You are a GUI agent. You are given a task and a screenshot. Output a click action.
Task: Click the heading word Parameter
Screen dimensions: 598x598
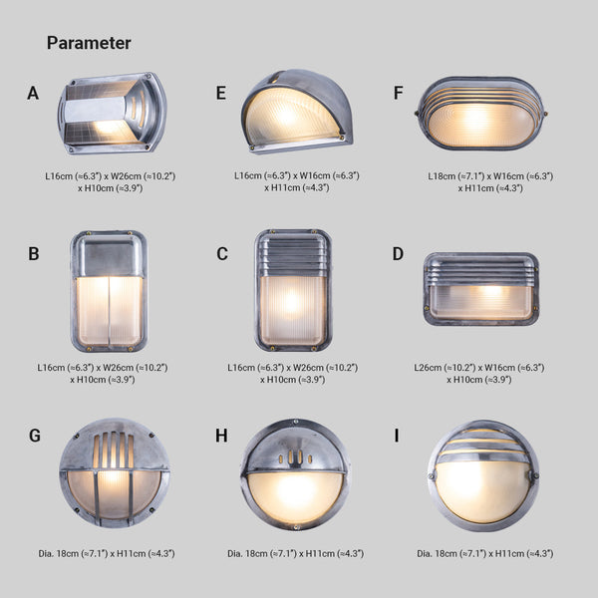click(x=89, y=43)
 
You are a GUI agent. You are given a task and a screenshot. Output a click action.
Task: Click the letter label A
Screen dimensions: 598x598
click(x=34, y=94)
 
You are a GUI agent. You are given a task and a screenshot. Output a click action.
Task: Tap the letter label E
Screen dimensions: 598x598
click(x=221, y=94)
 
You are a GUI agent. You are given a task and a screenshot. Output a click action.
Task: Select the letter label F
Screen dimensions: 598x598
click(x=399, y=94)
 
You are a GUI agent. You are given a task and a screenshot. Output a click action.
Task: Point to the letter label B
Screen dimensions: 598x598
click(x=34, y=254)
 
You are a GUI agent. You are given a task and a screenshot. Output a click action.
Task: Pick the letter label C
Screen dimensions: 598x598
click(x=222, y=254)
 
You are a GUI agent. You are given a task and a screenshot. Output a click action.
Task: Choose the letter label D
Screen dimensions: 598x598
click(x=399, y=254)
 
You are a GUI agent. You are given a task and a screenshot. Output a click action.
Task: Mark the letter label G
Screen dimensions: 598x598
click(x=35, y=436)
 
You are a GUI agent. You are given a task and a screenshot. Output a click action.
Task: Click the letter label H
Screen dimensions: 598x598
click(x=221, y=436)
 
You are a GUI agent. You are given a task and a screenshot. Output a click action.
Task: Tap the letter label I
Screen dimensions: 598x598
click(x=398, y=436)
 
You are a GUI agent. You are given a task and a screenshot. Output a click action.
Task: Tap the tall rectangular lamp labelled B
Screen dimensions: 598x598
click(x=108, y=290)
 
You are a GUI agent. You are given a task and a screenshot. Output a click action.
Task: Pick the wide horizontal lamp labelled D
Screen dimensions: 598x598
click(x=481, y=289)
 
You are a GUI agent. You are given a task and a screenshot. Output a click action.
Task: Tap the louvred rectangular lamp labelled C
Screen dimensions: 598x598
click(x=292, y=290)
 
